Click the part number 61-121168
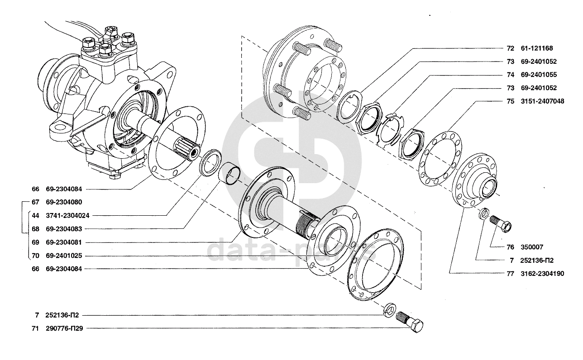pyautogui.click(x=537, y=48)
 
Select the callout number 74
pyautogui.click(x=511, y=75)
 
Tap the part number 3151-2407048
pyautogui.click(x=542, y=101)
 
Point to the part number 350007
pyautogui.click(x=532, y=247)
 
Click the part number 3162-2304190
pyautogui.click(x=542, y=274)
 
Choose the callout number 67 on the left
pyautogui.click(x=35, y=202)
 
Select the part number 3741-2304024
pyautogui.click(x=68, y=216)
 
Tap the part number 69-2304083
pyautogui.click(x=64, y=229)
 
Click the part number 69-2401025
pyautogui.click(x=64, y=256)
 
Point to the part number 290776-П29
pyautogui.click(x=65, y=328)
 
